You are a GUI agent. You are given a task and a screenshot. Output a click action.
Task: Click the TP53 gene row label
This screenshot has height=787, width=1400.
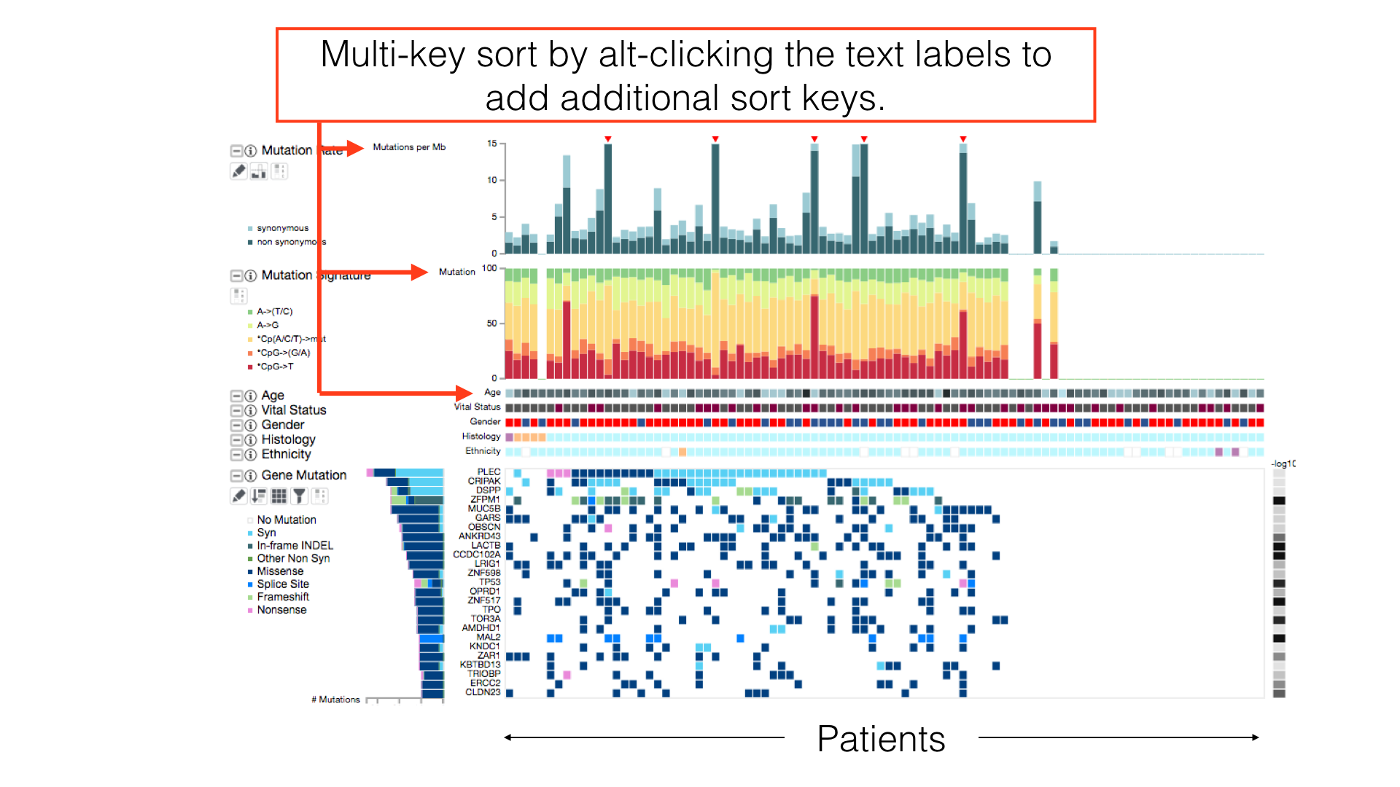point(489,582)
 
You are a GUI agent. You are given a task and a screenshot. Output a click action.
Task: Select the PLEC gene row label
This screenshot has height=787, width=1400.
point(489,472)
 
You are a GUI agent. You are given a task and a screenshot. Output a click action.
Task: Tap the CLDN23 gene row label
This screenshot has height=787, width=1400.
point(483,692)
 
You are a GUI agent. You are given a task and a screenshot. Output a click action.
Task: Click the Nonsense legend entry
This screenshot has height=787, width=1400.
point(281,610)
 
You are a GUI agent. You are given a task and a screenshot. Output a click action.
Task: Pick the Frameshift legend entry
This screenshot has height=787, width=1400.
point(283,597)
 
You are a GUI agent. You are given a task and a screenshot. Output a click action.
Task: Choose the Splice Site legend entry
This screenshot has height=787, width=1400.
point(283,584)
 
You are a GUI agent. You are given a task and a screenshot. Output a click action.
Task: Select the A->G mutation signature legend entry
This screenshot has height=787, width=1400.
point(268,325)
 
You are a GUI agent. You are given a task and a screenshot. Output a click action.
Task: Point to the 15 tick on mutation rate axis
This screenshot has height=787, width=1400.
point(492,144)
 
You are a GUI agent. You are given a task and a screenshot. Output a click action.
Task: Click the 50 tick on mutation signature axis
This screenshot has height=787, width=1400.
point(492,324)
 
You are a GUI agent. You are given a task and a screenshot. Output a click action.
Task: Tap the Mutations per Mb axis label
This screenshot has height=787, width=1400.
point(409,147)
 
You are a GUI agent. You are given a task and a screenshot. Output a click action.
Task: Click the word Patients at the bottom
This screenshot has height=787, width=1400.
point(881,739)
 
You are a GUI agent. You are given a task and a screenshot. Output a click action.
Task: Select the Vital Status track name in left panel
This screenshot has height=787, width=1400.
point(294,410)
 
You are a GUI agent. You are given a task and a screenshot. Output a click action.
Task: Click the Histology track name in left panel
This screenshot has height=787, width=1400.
point(288,439)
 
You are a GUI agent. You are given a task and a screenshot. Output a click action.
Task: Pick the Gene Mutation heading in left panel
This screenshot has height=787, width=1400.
point(304,475)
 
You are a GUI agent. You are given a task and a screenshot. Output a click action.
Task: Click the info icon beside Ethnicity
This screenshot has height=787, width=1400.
point(251,455)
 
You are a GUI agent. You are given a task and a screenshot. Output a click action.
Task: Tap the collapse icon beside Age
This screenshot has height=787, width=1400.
point(236,396)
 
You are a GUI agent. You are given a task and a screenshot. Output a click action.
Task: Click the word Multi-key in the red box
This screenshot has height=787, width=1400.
point(392,55)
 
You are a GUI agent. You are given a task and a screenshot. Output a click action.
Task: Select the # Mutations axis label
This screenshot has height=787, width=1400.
point(335,700)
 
